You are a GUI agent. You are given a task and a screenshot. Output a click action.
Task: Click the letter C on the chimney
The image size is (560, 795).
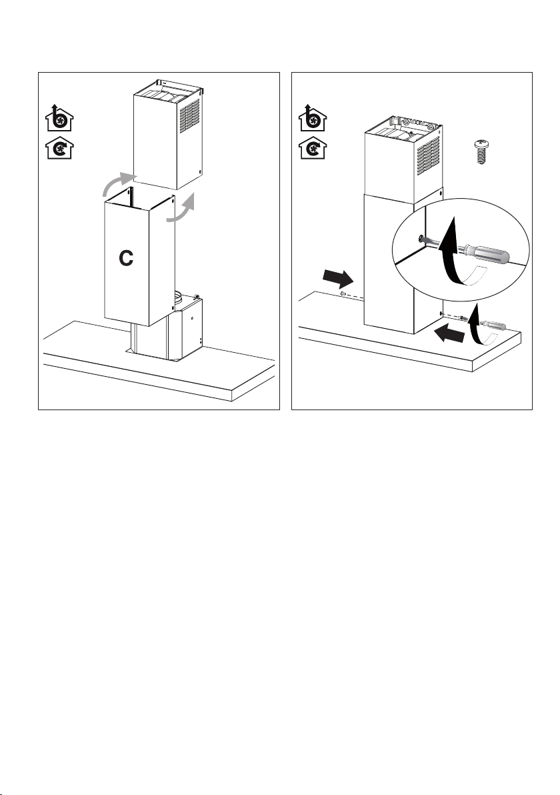[x=126, y=258]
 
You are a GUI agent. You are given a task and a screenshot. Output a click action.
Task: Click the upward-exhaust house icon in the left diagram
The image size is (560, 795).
[x=59, y=117]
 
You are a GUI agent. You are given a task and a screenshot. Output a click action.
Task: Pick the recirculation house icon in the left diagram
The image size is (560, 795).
[x=59, y=147]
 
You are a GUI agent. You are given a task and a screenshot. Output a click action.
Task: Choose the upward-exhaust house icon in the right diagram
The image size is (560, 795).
[x=313, y=117]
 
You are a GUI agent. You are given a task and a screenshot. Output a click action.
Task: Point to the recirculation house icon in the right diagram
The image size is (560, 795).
[x=313, y=147]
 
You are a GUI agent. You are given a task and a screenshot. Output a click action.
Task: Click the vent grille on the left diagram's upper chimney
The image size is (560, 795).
[x=189, y=115]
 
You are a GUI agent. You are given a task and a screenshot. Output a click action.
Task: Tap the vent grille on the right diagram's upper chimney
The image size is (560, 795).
[x=428, y=155]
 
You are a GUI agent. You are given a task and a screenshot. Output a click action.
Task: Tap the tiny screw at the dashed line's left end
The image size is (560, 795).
[x=343, y=293]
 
